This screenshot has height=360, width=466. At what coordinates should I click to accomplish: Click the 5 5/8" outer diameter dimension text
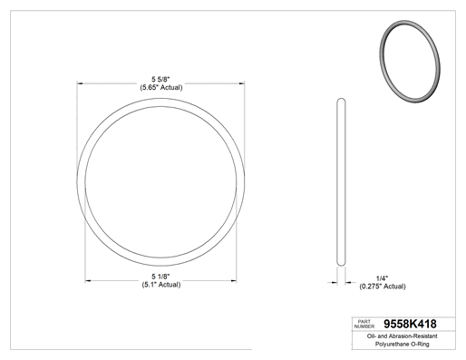[160, 80]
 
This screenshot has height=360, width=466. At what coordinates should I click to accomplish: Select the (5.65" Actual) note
[161, 88]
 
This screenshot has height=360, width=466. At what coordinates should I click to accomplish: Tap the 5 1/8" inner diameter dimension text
[160, 277]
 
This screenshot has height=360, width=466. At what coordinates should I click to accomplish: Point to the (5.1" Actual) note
[161, 285]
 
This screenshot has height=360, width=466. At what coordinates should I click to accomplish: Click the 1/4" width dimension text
[382, 278]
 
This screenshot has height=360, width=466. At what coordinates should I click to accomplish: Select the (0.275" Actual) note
[383, 287]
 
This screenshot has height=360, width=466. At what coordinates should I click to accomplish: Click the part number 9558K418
[410, 324]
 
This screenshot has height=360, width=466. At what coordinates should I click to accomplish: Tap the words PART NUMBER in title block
[364, 324]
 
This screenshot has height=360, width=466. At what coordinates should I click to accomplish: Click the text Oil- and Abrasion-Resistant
[402, 336]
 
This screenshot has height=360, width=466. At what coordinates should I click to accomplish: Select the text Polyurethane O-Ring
[402, 344]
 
